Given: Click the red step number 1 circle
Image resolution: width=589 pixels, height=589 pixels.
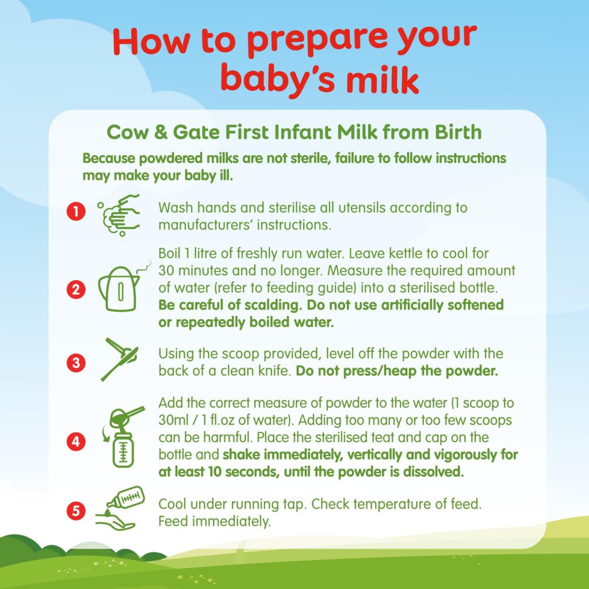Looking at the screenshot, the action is [76, 212].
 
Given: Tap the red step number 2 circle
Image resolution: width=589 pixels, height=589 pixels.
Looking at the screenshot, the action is [76, 290].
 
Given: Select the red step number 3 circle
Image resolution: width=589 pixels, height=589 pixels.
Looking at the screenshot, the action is [76, 363].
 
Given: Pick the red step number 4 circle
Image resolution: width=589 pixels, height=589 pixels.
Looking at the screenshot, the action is [76, 441].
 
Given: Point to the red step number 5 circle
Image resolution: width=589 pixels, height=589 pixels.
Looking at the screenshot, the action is [76, 511].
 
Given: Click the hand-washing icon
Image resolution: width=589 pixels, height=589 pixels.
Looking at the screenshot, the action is [118, 215].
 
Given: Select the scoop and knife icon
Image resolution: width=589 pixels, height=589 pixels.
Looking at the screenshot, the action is [120, 359].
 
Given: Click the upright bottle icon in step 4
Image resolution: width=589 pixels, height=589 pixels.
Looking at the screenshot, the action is [123, 449].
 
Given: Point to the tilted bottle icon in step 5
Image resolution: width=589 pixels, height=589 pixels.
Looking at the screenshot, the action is [126, 499].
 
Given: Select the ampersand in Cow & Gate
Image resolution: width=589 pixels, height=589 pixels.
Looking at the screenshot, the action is [161, 133].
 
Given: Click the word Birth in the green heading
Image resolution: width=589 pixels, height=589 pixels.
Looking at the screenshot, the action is [458, 132].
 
